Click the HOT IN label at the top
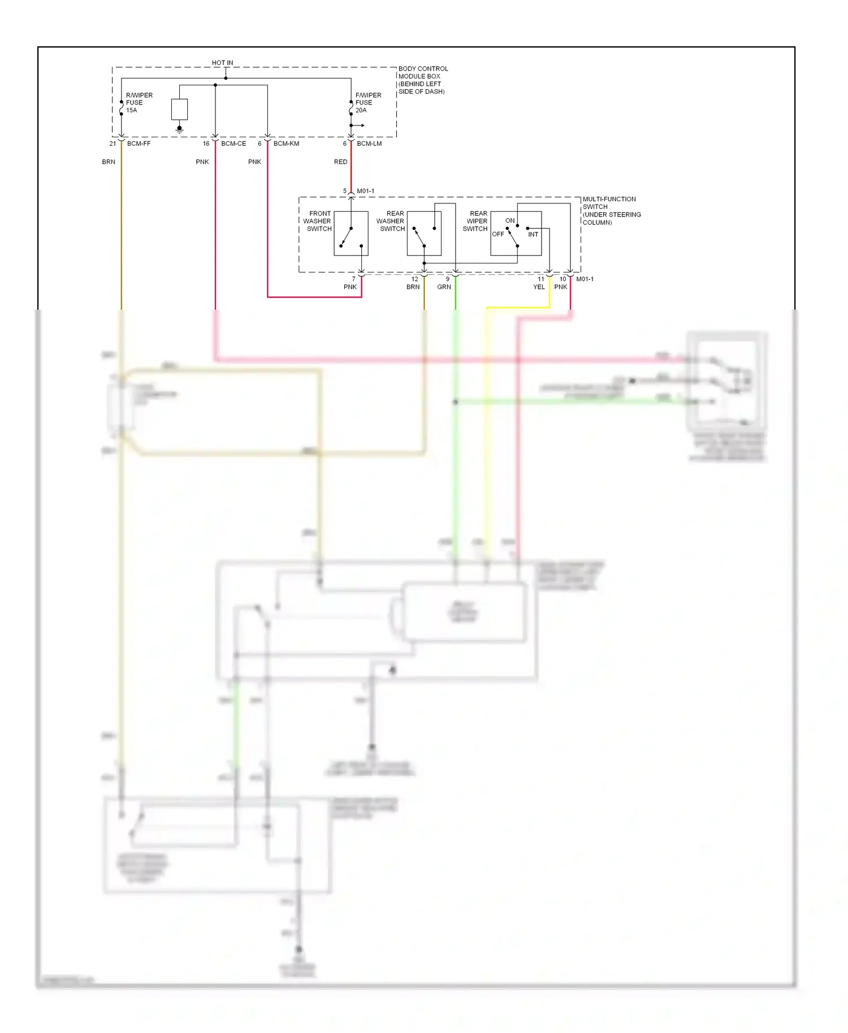click(x=222, y=63)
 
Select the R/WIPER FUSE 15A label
click(x=139, y=103)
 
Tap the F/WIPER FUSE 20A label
click(x=367, y=103)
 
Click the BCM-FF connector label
click(x=139, y=144)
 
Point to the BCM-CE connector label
click(x=233, y=144)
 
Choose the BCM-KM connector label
click(x=286, y=144)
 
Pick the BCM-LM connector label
click(x=369, y=144)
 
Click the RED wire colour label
click(x=340, y=162)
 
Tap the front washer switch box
click(x=351, y=233)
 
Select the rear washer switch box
click(x=424, y=233)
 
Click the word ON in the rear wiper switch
click(x=510, y=220)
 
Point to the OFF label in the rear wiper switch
click(x=497, y=234)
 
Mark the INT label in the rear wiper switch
click(x=533, y=235)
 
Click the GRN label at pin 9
click(x=444, y=287)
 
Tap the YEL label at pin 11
click(x=539, y=287)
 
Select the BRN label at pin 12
click(x=413, y=287)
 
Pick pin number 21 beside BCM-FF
click(x=113, y=144)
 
